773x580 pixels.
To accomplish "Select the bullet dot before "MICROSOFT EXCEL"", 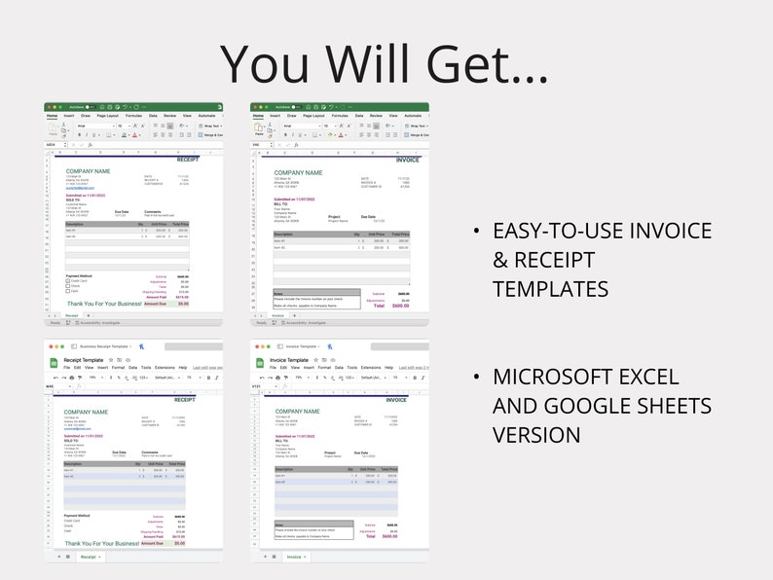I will coord(475,377).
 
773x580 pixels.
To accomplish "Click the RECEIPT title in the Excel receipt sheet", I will coord(187,160).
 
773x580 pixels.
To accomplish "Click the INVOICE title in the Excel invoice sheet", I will coord(395,160).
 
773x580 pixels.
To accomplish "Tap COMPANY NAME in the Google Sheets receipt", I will coord(88,412).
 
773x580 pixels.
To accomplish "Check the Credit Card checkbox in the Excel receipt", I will coord(68,281).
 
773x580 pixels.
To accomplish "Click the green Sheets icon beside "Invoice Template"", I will coord(260,363).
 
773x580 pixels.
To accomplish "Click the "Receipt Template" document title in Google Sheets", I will coord(84,359).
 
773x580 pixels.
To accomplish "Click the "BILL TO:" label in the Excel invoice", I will coord(282,203).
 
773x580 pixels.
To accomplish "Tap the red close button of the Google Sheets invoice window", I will coord(255,346).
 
